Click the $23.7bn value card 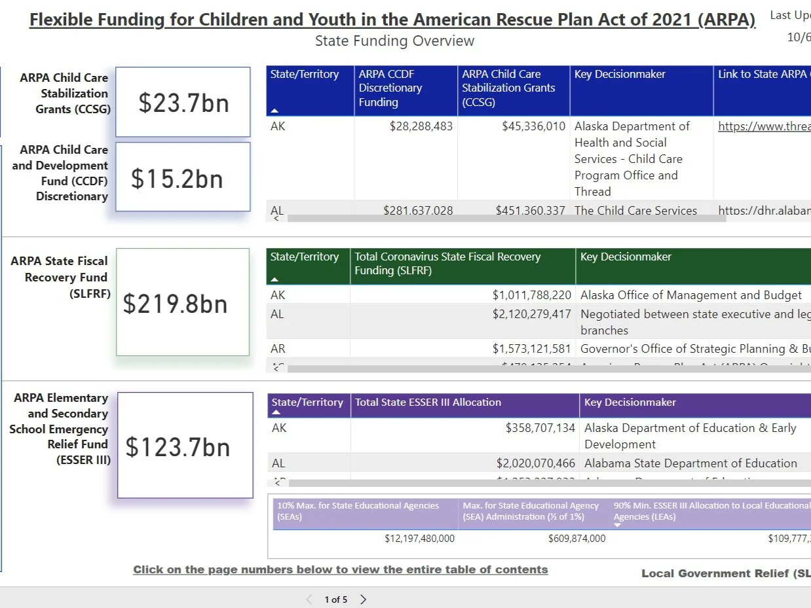click(x=183, y=103)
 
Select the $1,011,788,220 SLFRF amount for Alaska click(x=531, y=295)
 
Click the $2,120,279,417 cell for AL click(x=531, y=314)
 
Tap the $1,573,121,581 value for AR click(x=531, y=349)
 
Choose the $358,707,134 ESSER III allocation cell click(x=540, y=428)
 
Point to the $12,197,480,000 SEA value click(x=419, y=539)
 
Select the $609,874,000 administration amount click(x=576, y=539)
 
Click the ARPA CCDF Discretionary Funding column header click(x=390, y=88)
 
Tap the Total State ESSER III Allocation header click(x=428, y=402)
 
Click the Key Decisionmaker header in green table click(x=626, y=257)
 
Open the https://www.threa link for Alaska click(x=764, y=127)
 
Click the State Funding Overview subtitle click(x=394, y=41)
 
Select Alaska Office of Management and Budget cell click(x=690, y=295)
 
